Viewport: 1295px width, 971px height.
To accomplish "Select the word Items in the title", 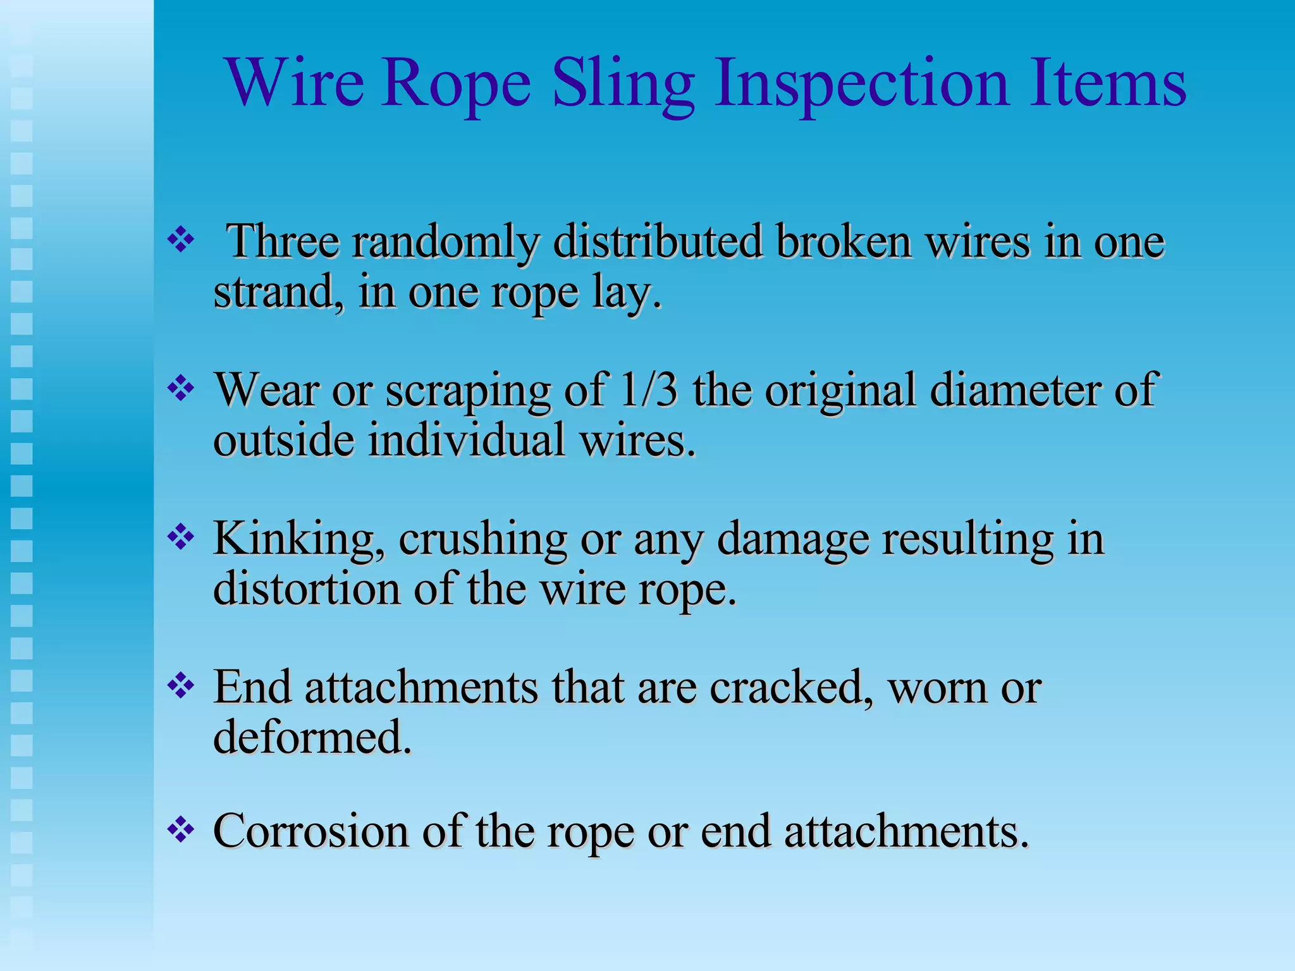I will click(1107, 84).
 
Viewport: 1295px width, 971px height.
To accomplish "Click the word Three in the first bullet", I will click(283, 241).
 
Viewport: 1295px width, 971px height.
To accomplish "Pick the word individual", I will click(467, 440).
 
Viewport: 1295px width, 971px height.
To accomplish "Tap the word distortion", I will click(307, 589).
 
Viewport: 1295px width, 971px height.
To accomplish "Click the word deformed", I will click(312, 737).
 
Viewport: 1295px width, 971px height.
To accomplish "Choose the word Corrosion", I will click(310, 831).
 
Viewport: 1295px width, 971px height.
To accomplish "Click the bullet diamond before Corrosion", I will click(181, 829).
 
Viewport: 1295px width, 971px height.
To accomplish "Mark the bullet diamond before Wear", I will click(181, 388).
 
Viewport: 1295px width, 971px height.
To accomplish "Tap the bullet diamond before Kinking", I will click(181, 537).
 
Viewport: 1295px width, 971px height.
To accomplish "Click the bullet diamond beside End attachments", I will click(181, 687).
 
